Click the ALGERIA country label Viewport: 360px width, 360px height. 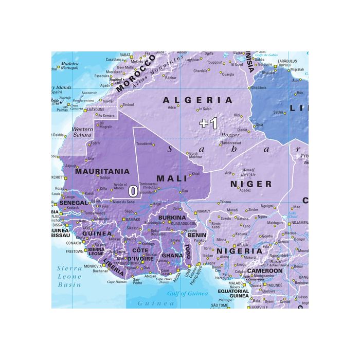(x=198, y=100)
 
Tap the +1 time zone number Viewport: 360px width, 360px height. (x=209, y=123)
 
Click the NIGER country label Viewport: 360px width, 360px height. (x=251, y=184)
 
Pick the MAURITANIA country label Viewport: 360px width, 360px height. (x=102, y=171)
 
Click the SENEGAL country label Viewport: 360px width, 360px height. (x=74, y=203)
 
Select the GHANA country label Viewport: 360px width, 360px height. (x=172, y=256)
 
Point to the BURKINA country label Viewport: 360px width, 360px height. (x=172, y=218)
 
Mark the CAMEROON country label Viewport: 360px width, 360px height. (x=265, y=271)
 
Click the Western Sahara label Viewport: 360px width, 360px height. (x=82, y=132)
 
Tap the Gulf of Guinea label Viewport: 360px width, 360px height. (x=187, y=294)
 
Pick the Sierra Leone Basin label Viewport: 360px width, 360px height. (x=69, y=276)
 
